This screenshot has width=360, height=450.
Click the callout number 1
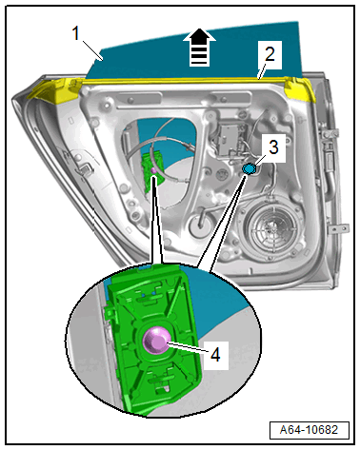tap(75, 33)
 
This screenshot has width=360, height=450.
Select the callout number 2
tap(270, 54)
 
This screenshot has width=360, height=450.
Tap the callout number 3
tap(273, 147)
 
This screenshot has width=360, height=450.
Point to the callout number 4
tap(215, 354)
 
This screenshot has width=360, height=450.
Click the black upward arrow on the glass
tap(199, 48)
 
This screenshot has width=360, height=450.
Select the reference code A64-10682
tap(309, 430)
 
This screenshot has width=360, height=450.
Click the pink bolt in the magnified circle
tap(155, 341)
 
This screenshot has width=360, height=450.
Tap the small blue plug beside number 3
tap(249, 168)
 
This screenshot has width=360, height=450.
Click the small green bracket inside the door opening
tap(153, 171)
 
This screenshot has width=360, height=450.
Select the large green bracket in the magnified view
tap(153, 341)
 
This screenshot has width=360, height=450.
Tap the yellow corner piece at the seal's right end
tap(299, 89)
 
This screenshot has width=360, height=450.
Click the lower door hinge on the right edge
tap(338, 228)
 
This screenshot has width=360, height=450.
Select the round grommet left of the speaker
tap(201, 225)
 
